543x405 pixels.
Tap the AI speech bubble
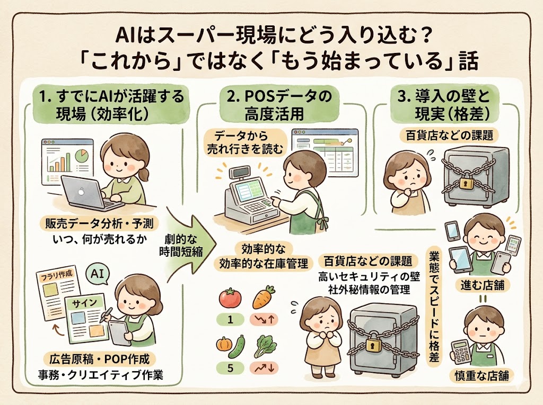point(97,274)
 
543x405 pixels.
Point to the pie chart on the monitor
point(82,157)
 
